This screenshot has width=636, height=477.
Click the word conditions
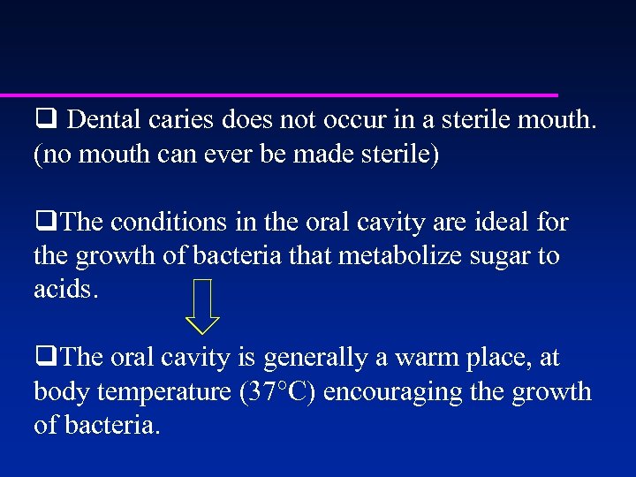point(170,223)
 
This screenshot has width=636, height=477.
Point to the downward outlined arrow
point(204,305)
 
